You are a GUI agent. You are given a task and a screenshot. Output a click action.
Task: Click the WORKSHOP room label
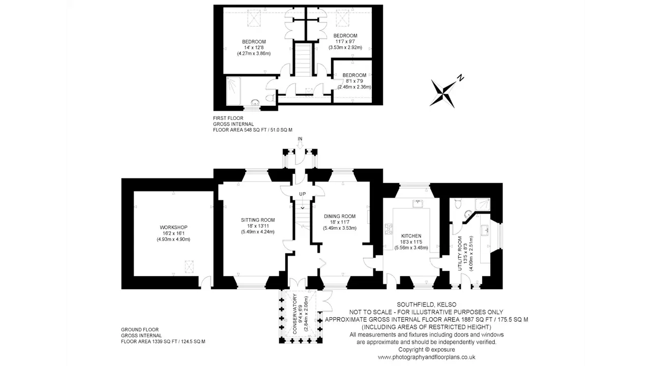click(173, 227)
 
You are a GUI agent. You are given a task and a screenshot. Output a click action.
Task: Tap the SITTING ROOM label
click(258, 220)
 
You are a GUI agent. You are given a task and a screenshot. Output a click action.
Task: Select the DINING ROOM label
click(340, 216)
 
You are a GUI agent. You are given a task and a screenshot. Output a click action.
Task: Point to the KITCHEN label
click(411, 236)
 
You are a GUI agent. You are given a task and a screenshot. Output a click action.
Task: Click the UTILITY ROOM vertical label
click(460, 253)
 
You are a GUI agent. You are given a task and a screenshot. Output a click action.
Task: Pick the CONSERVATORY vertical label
click(294, 314)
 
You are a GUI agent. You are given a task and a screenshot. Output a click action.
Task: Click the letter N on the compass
click(460, 78)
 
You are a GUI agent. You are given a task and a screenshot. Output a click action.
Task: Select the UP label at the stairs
click(303, 194)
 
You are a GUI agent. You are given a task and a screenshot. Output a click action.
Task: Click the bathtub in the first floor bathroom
click(233, 91)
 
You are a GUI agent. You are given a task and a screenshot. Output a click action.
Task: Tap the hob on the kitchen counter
click(388, 229)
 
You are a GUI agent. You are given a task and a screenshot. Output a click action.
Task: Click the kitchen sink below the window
click(418, 203)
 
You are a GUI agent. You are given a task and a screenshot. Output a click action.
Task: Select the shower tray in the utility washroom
click(483, 204)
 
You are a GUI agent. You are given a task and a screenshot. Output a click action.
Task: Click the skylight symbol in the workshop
click(189, 267)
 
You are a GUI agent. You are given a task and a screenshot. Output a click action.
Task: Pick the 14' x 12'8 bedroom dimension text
click(254, 47)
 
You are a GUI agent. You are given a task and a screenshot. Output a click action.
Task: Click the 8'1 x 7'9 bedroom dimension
click(354, 81)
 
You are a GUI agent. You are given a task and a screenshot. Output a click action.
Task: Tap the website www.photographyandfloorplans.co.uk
click(426, 357)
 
